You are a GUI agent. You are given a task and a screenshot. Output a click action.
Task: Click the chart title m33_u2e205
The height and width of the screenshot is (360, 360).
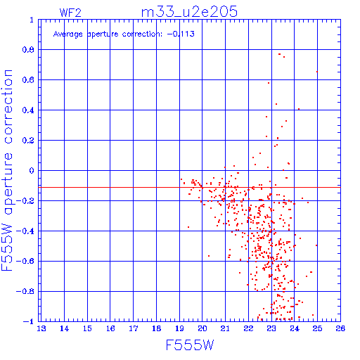click(189, 12)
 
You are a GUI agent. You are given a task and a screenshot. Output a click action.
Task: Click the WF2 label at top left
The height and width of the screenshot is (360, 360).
click(70, 13)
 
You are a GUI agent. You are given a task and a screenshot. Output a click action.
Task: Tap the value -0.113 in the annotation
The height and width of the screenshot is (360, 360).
click(181, 34)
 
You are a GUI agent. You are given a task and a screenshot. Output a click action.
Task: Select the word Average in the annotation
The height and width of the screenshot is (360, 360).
click(67, 34)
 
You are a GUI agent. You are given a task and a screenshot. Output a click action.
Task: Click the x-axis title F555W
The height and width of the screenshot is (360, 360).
click(190, 345)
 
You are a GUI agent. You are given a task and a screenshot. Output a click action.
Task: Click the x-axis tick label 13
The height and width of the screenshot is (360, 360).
click(41, 328)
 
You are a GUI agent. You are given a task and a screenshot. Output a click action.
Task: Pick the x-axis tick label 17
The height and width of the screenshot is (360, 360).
click(134, 328)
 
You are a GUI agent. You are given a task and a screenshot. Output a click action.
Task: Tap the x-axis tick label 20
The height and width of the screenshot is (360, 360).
click(202, 328)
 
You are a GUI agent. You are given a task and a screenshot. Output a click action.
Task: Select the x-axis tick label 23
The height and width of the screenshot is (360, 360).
click(271, 328)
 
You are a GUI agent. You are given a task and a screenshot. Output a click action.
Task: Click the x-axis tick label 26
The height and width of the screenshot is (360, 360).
click(340, 328)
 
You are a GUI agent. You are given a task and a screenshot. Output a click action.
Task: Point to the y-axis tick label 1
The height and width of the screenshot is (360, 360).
click(32, 20)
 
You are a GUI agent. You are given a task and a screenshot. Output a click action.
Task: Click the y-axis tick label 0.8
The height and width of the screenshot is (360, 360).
click(28, 50)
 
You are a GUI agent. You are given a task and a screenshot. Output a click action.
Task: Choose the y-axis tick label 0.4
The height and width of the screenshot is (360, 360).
click(28, 110)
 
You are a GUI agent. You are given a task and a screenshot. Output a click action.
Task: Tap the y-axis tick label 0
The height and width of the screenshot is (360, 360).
click(32, 171)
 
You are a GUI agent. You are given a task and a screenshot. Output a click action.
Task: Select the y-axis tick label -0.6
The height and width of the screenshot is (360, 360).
click(25, 261)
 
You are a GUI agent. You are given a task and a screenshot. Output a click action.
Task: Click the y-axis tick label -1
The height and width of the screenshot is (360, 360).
click(29, 321)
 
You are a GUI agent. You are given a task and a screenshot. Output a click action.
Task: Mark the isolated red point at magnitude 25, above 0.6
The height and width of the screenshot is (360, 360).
click(317, 72)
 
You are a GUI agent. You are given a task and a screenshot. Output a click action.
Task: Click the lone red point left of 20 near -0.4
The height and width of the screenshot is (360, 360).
click(188, 227)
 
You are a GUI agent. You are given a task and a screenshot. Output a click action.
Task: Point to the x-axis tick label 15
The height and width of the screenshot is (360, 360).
click(87, 328)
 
